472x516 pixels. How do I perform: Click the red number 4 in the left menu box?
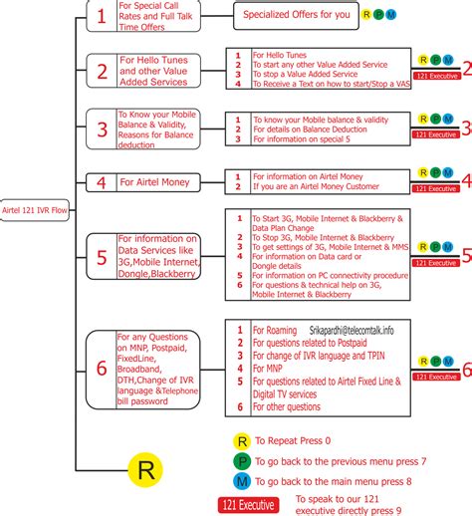(x=101, y=182)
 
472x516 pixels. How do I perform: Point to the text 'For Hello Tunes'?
(x=280, y=55)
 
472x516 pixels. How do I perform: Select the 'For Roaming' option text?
(x=276, y=330)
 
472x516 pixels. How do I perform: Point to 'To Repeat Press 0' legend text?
(x=295, y=413)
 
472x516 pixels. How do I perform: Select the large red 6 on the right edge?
(x=465, y=369)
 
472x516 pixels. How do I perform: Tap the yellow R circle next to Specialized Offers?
(x=366, y=15)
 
